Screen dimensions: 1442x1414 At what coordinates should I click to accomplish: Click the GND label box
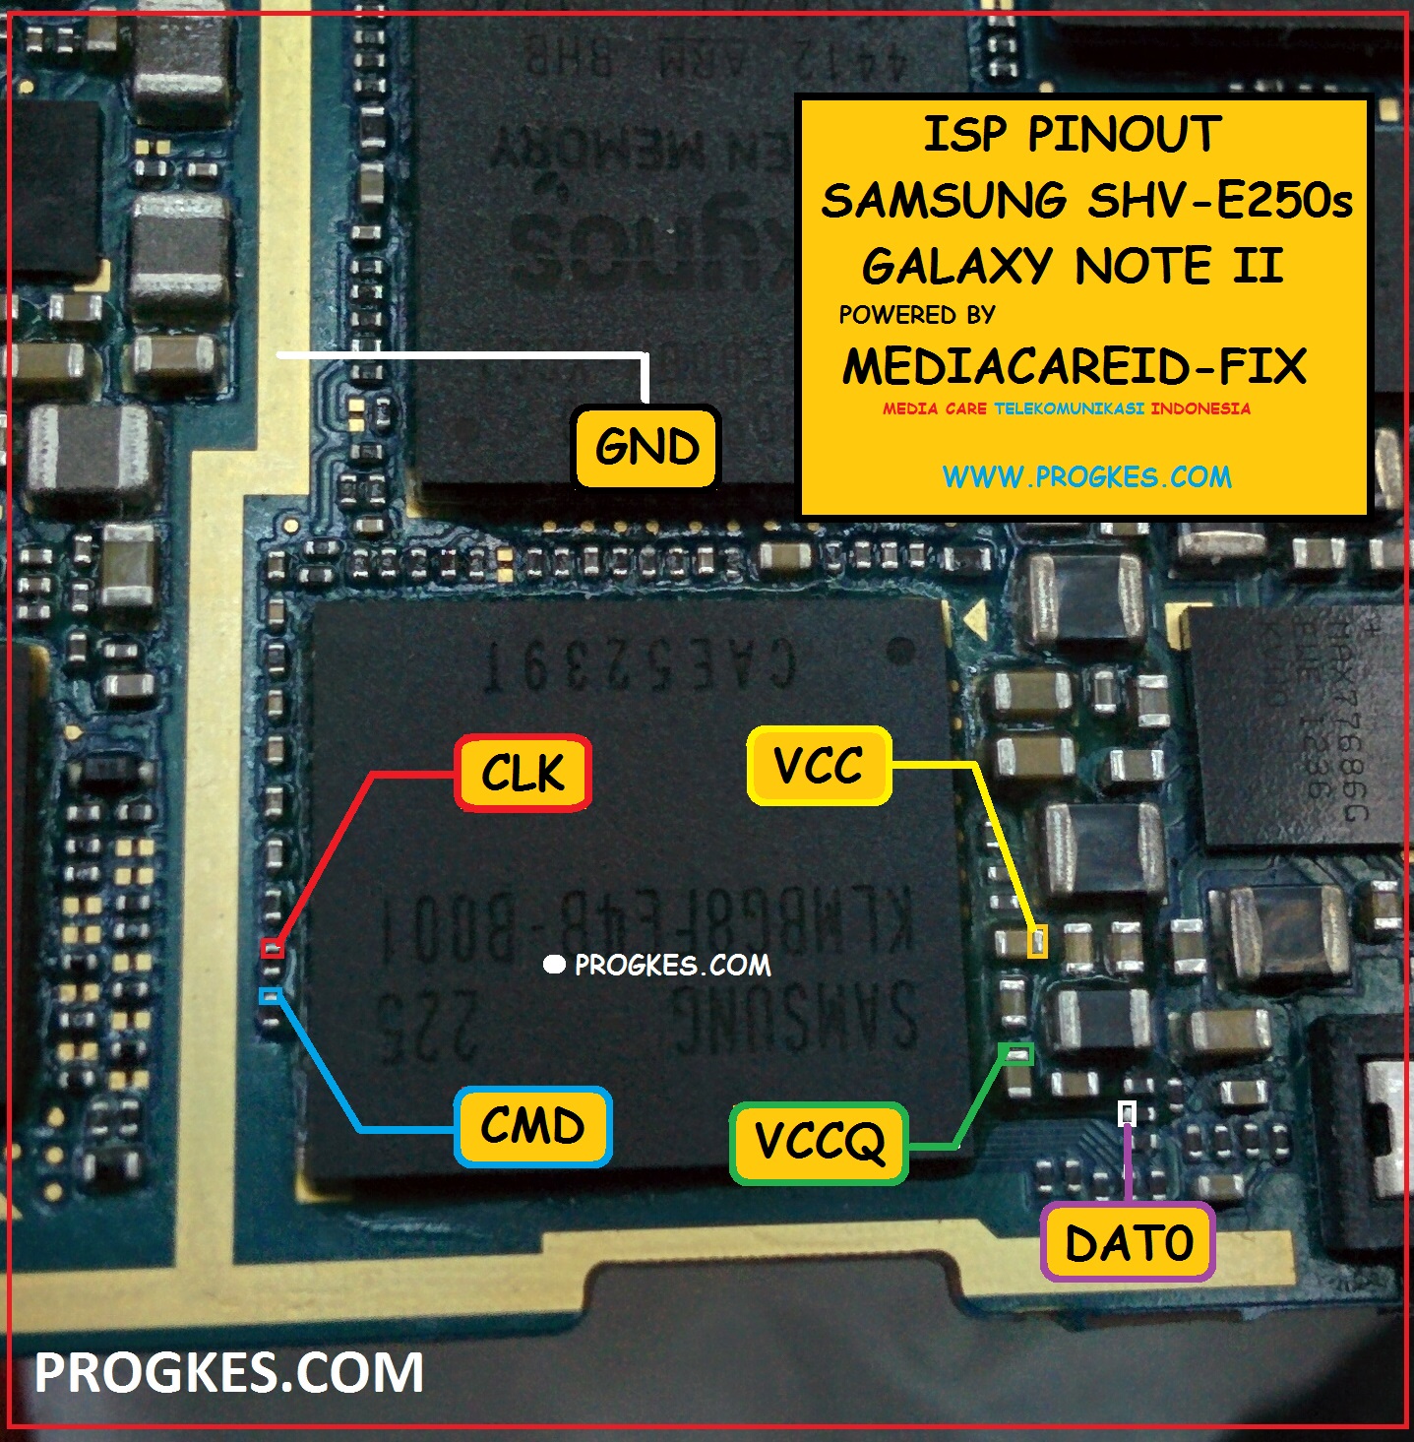[646, 448]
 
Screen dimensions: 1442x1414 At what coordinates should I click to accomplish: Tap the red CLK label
[523, 774]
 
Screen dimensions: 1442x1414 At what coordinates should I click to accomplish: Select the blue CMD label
[532, 1127]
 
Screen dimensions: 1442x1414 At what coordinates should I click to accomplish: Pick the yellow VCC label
[819, 766]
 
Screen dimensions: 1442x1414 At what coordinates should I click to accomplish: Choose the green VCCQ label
[819, 1143]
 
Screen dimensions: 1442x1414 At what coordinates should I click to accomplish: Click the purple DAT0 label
[1128, 1243]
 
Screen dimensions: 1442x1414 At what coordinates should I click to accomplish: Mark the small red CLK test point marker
[272, 949]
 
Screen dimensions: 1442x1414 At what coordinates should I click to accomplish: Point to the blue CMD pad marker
[270, 996]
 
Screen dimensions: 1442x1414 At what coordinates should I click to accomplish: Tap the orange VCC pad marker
[1037, 942]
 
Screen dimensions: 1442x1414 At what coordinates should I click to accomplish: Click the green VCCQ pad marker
[1016, 1054]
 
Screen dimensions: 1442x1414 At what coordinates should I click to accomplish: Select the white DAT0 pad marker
[1128, 1113]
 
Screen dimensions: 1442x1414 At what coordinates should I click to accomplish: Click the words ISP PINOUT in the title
[1072, 135]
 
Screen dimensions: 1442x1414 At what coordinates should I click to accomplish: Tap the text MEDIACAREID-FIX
[1074, 367]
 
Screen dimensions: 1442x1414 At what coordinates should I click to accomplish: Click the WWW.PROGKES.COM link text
[1086, 477]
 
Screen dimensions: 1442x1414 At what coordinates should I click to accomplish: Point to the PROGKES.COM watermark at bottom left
[228, 1372]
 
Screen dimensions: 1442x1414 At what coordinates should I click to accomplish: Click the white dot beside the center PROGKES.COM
[554, 965]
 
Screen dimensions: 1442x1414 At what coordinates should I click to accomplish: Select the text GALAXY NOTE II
[1072, 266]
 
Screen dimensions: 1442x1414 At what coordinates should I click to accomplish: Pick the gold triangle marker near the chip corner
[974, 618]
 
